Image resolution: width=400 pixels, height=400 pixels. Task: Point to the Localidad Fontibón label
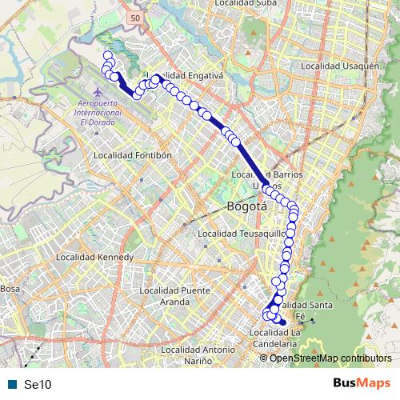click(134, 155)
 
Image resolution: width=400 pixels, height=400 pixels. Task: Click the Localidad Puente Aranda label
click(186, 296)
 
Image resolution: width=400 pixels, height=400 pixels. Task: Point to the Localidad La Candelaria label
click(274, 338)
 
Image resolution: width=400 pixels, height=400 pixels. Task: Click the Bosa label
click(10, 288)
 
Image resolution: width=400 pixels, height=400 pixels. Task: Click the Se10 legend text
click(38, 384)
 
